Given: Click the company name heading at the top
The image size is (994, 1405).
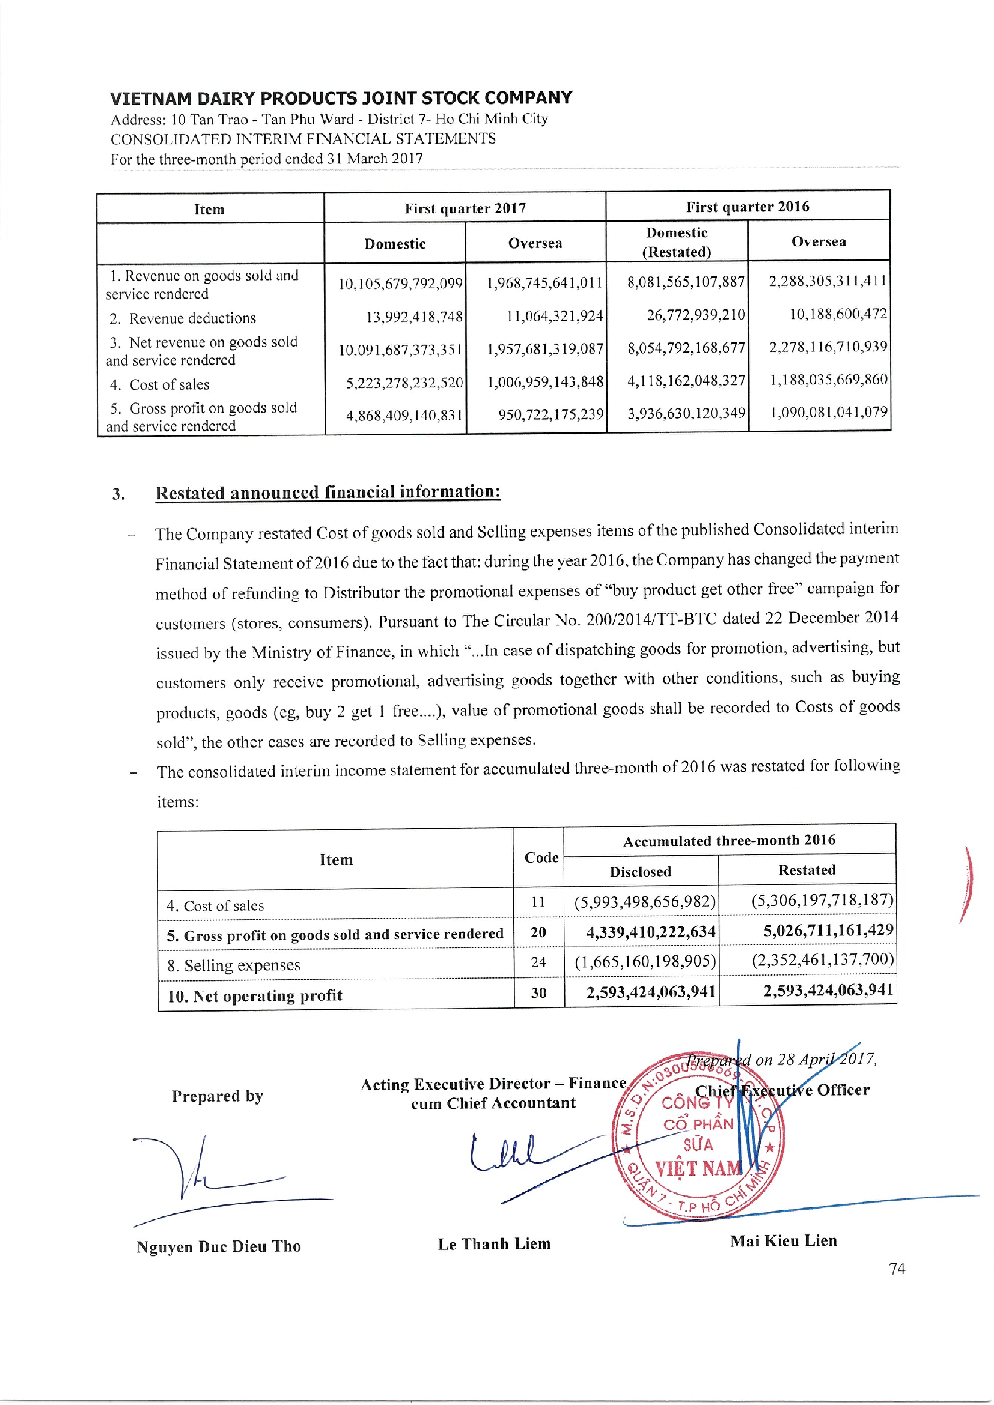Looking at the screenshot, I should tap(341, 98).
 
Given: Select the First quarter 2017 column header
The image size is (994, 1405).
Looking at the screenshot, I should tap(465, 208).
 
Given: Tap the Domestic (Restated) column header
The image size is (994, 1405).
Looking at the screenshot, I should tap(676, 242).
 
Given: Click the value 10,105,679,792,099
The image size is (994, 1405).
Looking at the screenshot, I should tap(400, 284).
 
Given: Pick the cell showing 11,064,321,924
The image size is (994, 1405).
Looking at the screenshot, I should tap(554, 316).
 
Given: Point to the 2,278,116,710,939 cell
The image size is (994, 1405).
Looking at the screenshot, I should tap(828, 347).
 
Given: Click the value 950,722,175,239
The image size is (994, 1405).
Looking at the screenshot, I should tap(550, 415).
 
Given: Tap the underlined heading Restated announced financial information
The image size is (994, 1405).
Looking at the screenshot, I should tap(328, 492).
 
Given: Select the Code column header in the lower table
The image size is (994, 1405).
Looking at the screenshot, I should tap(541, 857).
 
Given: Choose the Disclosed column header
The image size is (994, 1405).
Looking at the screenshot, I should tap(640, 872).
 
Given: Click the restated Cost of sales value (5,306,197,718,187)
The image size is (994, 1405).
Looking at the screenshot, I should tap(822, 900).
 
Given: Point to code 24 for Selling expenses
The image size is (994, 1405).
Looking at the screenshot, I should tap(538, 962).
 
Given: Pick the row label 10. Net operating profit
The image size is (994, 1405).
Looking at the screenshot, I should tap(255, 995).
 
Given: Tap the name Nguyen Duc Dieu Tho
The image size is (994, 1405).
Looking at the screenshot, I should tap(219, 1246).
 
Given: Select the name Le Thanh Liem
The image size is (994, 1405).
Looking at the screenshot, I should tap(494, 1244).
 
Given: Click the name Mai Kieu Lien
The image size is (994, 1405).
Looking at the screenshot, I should tap(783, 1240).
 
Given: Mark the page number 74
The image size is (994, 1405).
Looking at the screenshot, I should tap(897, 1269).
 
